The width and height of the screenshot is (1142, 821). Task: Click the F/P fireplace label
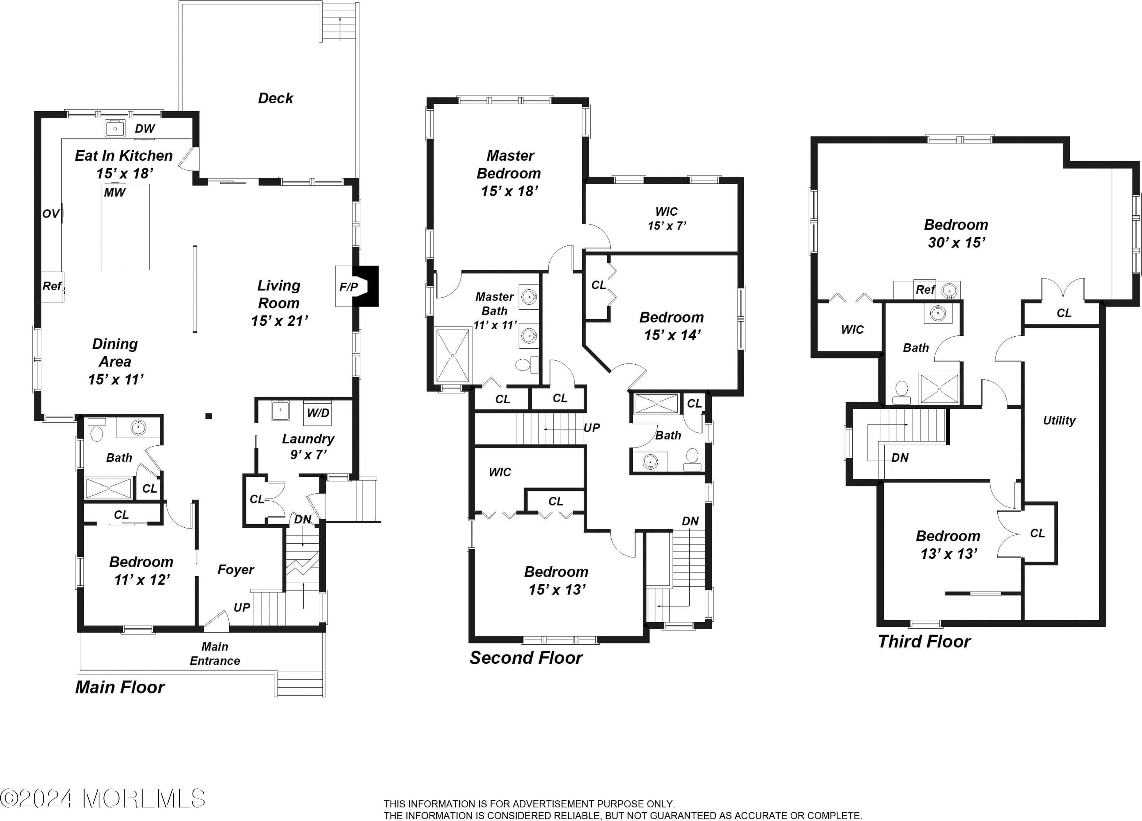pyautogui.click(x=349, y=287)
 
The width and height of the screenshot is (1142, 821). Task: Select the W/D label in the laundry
pyautogui.click(x=318, y=413)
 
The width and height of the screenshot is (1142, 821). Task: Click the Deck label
pyautogui.click(x=275, y=98)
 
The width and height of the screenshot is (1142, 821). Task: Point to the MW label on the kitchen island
pyautogui.click(x=115, y=192)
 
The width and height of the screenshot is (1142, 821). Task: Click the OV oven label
pyautogui.click(x=51, y=214)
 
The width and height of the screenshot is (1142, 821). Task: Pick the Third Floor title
pyautogui.click(x=924, y=641)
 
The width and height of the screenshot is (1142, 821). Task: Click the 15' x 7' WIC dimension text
pyautogui.click(x=667, y=226)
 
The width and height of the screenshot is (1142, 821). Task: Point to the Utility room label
pyautogui.click(x=1059, y=420)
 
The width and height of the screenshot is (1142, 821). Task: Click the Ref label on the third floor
pyautogui.click(x=925, y=290)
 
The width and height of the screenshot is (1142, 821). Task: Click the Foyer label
pyautogui.click(x=235, y=570)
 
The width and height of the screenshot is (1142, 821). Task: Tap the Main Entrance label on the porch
pyautogui.click(x=215, y=654)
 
